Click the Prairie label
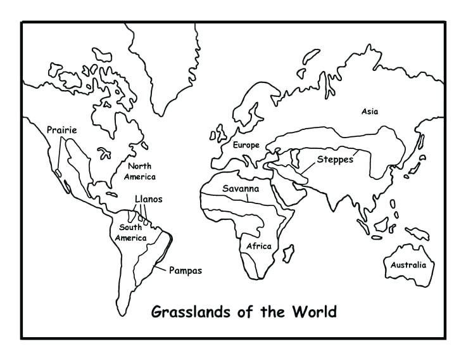click(61, 130)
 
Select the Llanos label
click(148, 199)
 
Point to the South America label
click(130, 233)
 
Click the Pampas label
click(185, 271)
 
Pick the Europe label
click(246, 145)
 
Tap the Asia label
click(370, 112)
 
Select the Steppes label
click(335, 159)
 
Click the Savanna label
click(241, 188)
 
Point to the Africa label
click(259, 246)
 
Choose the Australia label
click(408, 265)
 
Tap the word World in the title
click(314, 312)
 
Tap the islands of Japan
click(415, 158)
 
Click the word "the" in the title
click(274, 312)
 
